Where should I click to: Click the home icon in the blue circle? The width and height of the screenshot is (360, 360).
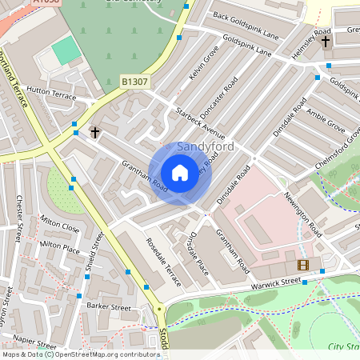(180, 173)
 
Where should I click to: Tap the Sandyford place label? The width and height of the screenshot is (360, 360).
(207, 147)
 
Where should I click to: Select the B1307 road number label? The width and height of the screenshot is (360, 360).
(135, 82)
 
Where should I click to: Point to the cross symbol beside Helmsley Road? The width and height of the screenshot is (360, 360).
(326, 40)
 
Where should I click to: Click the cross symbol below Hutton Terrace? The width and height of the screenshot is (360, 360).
(95, 131)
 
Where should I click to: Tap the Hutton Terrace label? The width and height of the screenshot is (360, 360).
(50, 94)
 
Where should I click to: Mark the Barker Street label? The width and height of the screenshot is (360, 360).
(108, 306)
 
